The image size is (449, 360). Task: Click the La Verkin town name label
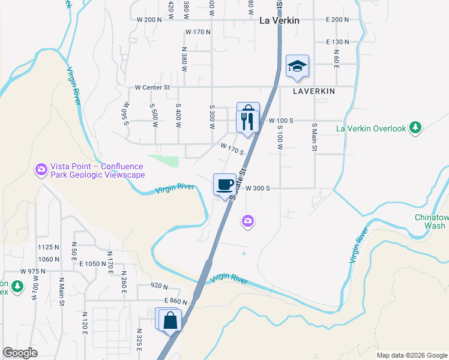tap(279, 20)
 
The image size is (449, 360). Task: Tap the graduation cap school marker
tap(297, 66)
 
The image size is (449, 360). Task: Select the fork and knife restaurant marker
tap(248, 122)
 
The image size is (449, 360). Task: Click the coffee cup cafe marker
tap(225, 184)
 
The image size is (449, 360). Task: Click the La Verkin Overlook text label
tap(372, 128)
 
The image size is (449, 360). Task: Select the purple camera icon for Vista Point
tap(41, 170)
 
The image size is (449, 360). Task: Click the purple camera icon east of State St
tap(248, 222)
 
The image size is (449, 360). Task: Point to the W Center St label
tap(153, 88)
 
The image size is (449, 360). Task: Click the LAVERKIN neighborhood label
tap(314, 92)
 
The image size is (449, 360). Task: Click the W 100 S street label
tap(281, 121)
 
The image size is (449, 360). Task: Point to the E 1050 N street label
tap(91, 264)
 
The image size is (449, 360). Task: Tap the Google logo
tap(20, 352)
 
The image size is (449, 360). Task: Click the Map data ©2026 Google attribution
tap(411, 355)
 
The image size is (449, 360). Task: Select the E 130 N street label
tap(337, 42)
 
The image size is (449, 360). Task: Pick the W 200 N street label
tap(149, 20)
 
